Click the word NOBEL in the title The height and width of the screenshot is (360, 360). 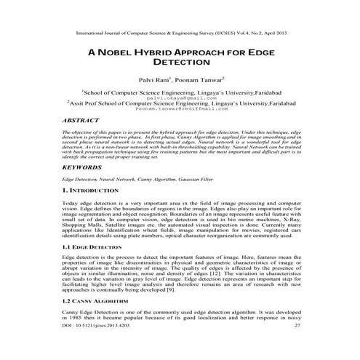[116, 52]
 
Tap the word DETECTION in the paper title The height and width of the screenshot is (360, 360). [180, 64]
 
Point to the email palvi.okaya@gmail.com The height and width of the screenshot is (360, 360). [180, 97]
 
